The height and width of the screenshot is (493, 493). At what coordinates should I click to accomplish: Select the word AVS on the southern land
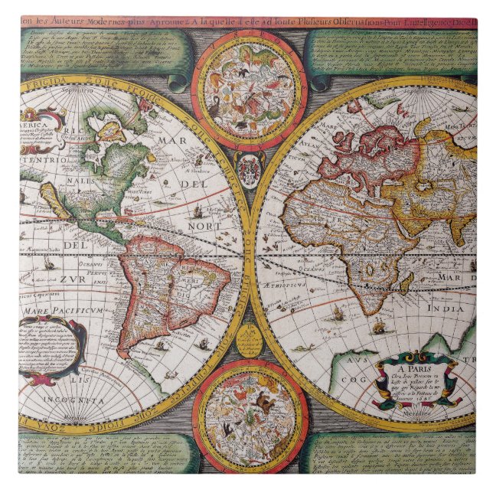357,359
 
